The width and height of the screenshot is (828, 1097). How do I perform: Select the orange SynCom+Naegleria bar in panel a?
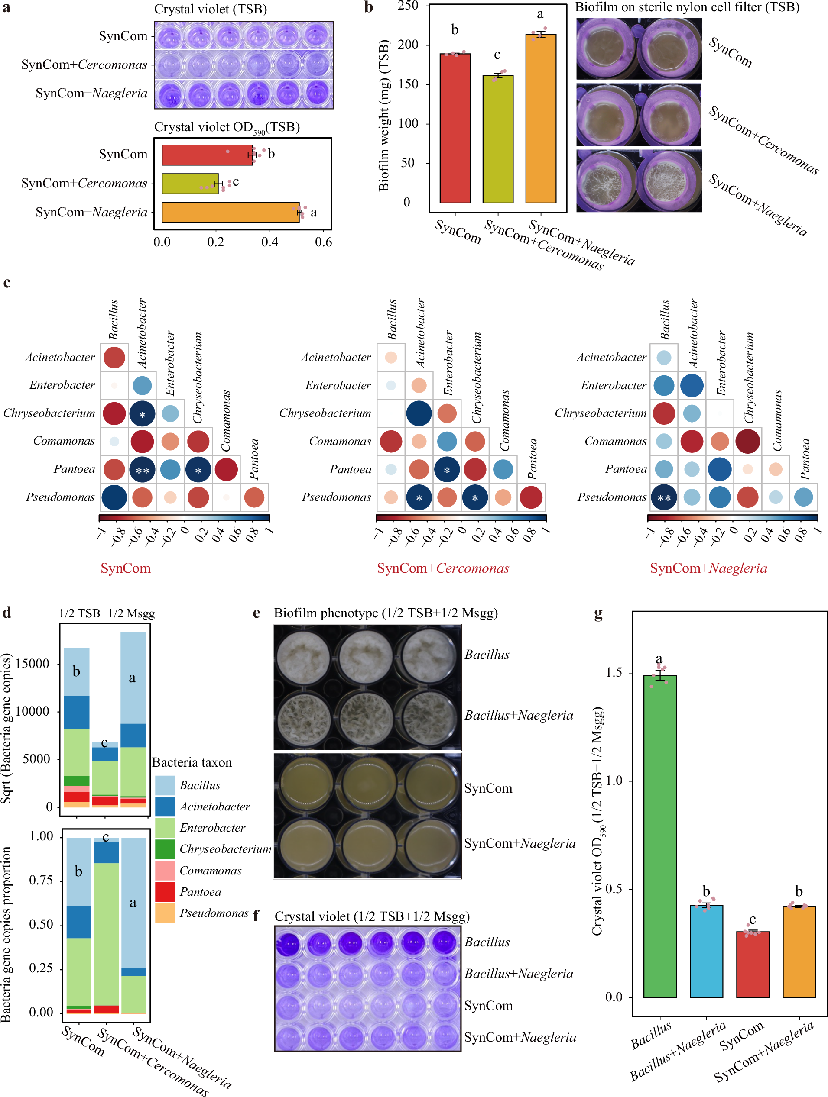231,212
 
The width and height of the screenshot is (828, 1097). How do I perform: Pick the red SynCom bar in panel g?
752,964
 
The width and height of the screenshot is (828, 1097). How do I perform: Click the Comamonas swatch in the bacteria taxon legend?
165,870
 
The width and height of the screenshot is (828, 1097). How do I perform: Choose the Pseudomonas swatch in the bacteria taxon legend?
165,913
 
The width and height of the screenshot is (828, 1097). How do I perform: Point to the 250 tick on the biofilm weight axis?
408,6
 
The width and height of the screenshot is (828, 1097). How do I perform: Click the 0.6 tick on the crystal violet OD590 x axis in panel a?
323,242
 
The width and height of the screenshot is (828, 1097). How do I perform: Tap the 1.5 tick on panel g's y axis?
614,673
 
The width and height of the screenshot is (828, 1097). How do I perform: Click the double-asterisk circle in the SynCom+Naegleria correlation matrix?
664,498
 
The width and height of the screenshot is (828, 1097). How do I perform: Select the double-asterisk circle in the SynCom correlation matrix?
143,470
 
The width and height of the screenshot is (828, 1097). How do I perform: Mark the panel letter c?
7,283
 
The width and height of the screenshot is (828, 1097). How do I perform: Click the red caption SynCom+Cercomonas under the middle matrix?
443,568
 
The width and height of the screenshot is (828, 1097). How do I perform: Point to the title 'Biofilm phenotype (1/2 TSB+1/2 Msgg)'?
385,613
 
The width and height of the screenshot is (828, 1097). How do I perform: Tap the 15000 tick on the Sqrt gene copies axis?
33,664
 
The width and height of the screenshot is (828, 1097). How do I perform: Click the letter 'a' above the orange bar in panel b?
540,14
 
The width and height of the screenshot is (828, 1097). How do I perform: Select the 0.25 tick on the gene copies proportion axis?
41,968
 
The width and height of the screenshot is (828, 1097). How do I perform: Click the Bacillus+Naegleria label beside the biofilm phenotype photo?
518,715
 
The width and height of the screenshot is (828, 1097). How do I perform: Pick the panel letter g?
599,614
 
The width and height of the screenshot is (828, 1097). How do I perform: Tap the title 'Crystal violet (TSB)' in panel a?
211,9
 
